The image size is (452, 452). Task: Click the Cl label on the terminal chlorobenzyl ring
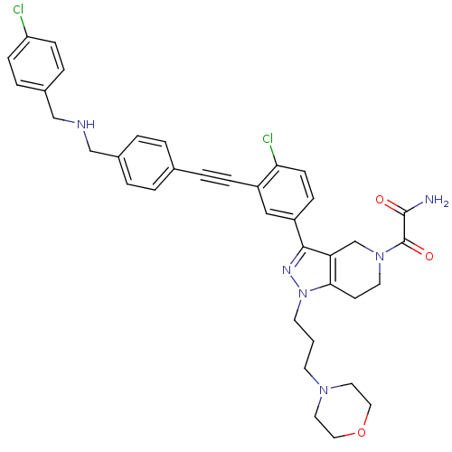point(18,10)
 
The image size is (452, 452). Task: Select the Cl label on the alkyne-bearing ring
point(268,138)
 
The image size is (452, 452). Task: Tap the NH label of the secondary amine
point(86,124)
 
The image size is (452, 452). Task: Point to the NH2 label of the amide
point(437,200)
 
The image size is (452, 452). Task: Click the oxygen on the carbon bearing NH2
point(380,200)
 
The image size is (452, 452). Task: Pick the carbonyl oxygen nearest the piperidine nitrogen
point(429,256)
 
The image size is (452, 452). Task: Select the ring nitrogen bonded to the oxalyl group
point(380,256)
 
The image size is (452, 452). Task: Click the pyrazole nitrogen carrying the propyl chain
point(303,293)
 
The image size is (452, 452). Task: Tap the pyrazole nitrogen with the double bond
point(287,269)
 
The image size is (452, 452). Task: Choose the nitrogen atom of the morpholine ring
point(324,391)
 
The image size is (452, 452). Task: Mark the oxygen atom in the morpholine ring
point(361,432)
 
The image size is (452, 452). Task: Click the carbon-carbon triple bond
point(216,178)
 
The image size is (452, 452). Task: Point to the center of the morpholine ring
point(343,411)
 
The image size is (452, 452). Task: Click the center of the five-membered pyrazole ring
point(312,271)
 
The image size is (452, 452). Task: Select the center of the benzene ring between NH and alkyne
point(146,163)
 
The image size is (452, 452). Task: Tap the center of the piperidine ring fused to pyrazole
point(355,270)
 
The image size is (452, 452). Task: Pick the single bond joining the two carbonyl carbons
point(404,228)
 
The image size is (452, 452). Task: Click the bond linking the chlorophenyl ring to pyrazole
point(299,233)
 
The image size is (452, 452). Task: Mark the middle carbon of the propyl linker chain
point(314,342)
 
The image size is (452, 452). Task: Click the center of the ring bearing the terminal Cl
point(36,64)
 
